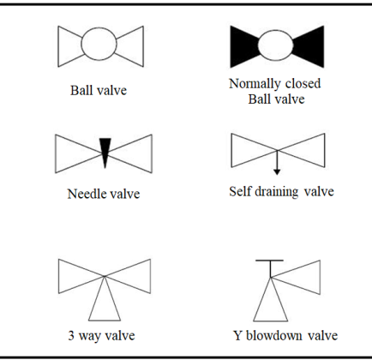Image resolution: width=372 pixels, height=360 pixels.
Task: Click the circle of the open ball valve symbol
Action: tap(81, 44)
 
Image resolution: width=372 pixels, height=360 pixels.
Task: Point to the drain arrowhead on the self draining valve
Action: tap(277, 172)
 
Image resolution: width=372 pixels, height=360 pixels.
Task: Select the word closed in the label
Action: tap(303, 83)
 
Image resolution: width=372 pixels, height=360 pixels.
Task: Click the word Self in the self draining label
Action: tap(240, 191)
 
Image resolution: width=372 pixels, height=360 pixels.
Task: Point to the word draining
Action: tap(274, 192)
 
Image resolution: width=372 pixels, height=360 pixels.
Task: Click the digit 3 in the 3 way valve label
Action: tap(71, 335)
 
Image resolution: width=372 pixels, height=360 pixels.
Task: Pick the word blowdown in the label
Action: tap(274, 335)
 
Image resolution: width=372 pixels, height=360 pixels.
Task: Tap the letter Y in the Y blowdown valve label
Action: tap(238, 335)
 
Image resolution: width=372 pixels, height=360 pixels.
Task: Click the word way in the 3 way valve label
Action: tap(88, 337)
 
